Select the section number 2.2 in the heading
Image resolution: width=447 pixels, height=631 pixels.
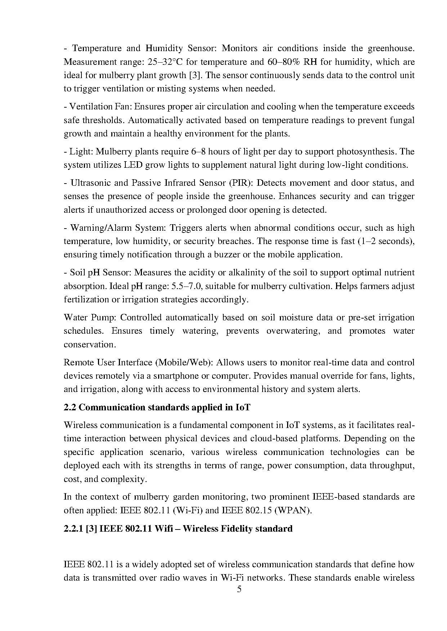click(70, 407)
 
